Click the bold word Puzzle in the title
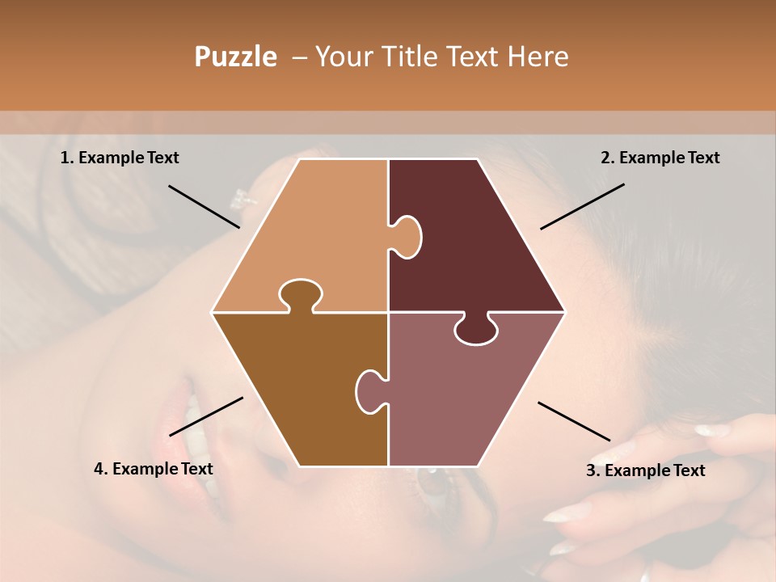click(x=235, y=57)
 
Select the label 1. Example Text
click(x=120, y=158)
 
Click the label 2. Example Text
click(x=660, y=158)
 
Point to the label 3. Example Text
click(x=645, y=470)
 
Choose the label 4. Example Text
click(x=154, y=469)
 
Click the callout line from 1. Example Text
click(x=204, y=206)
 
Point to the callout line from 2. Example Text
click(x=582, y=206)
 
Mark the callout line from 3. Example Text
click(x=574, y=421)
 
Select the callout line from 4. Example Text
click(x=206, y=415)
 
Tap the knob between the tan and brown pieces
click(x=300, y=295)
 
